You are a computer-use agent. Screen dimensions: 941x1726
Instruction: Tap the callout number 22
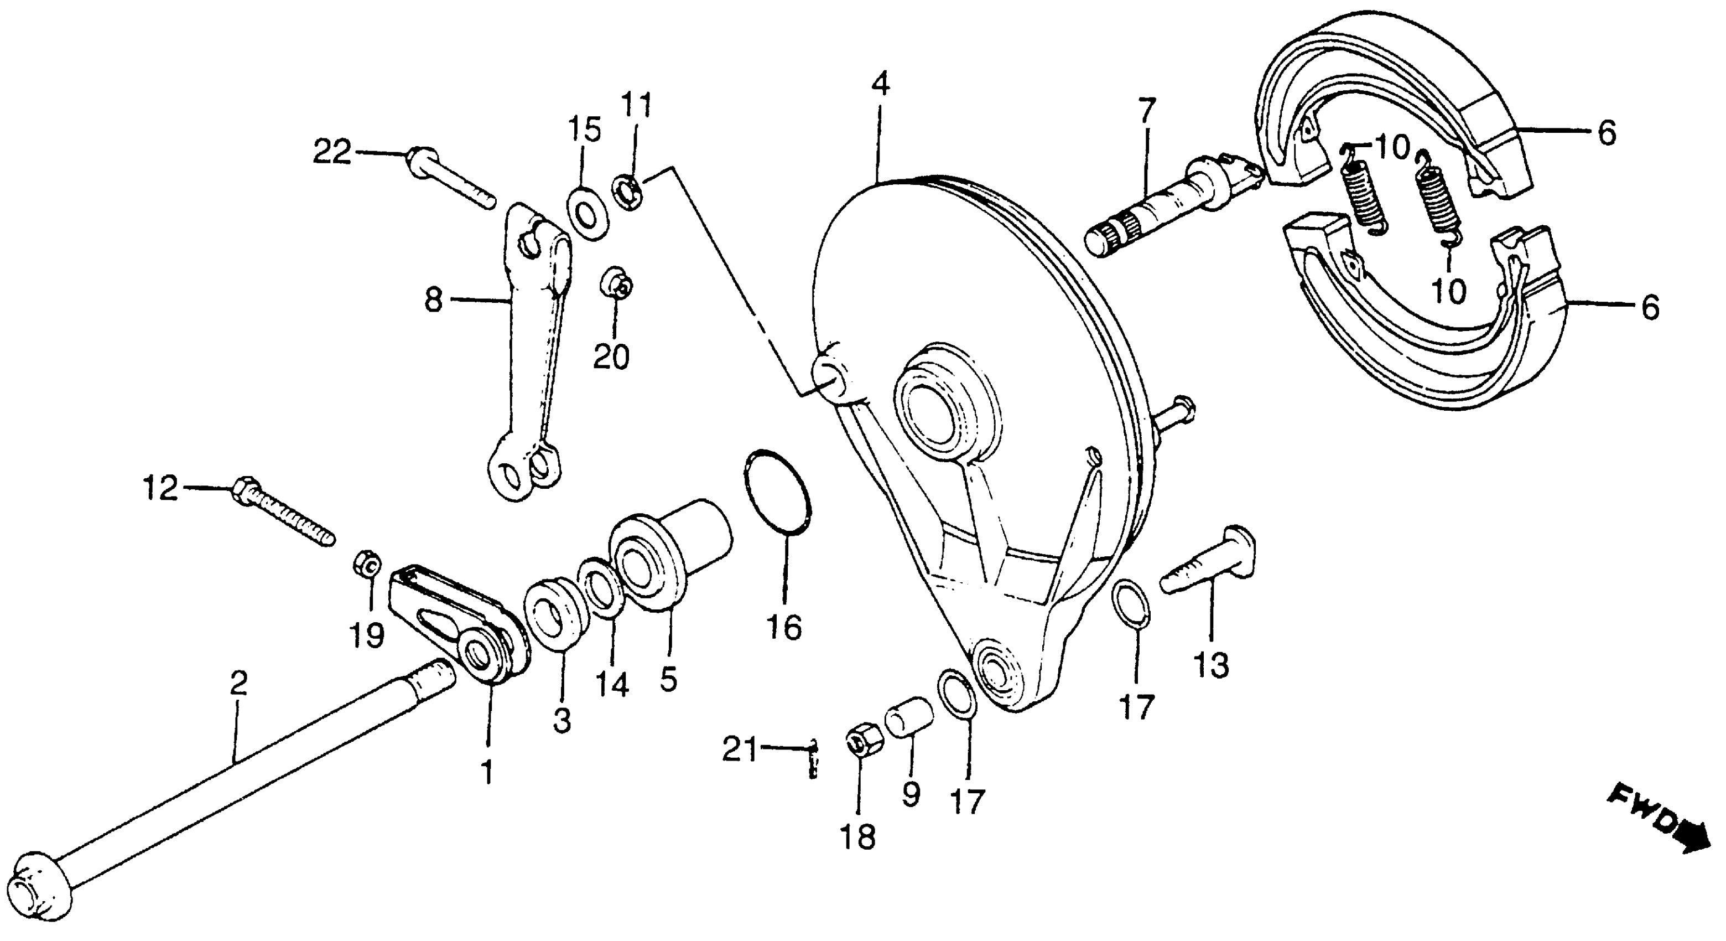pyautogui.click(x=333, y=153)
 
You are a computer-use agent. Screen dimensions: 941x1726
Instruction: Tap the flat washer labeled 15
pyautogui.click(x=588, y=216)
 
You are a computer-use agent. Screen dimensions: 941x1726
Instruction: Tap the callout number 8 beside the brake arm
pyautogui.click(x=434, y=301)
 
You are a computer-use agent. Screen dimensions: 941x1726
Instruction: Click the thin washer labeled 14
pyautogui.click(x=601, y=590)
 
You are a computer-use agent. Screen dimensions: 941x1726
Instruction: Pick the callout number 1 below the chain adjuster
pyautogui.click(x=487, y=772)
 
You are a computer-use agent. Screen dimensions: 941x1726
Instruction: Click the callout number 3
pyautogui.click(x=562, y=721)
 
